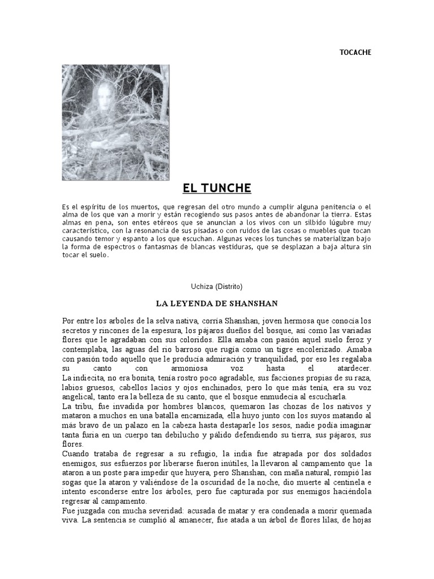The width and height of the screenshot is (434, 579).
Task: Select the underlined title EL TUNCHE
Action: [x=216, y=188]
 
